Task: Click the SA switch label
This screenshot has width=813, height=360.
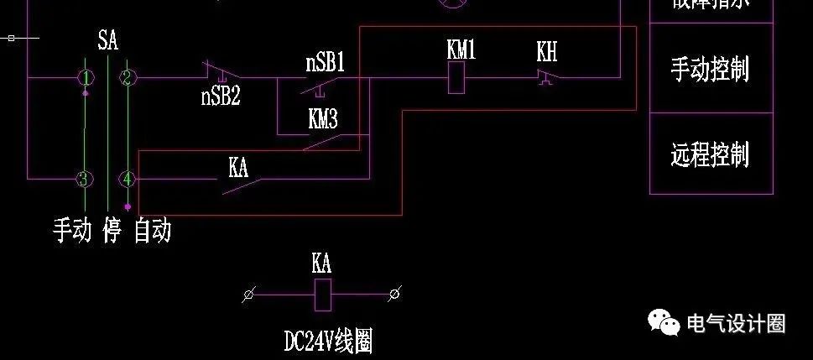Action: pos(107,40)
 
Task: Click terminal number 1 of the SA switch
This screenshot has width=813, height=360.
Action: pos(85,78)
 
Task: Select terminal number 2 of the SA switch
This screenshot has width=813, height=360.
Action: pos(128,78)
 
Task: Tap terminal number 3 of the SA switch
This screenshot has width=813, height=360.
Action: pos(84,179)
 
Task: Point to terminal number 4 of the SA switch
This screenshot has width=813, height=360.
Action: pos(127,179)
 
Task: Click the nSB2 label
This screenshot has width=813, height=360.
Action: pos(221,96)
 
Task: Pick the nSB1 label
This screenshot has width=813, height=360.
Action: pos(326,64)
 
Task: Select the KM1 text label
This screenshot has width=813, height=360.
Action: pos(461,50)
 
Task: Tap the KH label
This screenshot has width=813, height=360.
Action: pos(547,53)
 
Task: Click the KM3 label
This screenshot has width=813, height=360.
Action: pos(323,120)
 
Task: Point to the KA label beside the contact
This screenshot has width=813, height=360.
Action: pos(238,167)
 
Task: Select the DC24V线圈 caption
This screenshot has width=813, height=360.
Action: pos(327,341)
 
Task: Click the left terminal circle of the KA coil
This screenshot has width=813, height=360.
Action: pos(248,294)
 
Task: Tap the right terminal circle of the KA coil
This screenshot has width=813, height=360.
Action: pos(394,294)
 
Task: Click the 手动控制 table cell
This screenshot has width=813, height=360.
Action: pos(711,69)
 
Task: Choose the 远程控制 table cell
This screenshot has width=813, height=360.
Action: pos(711,154)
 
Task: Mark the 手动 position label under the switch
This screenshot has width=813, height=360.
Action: pos(72,229)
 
